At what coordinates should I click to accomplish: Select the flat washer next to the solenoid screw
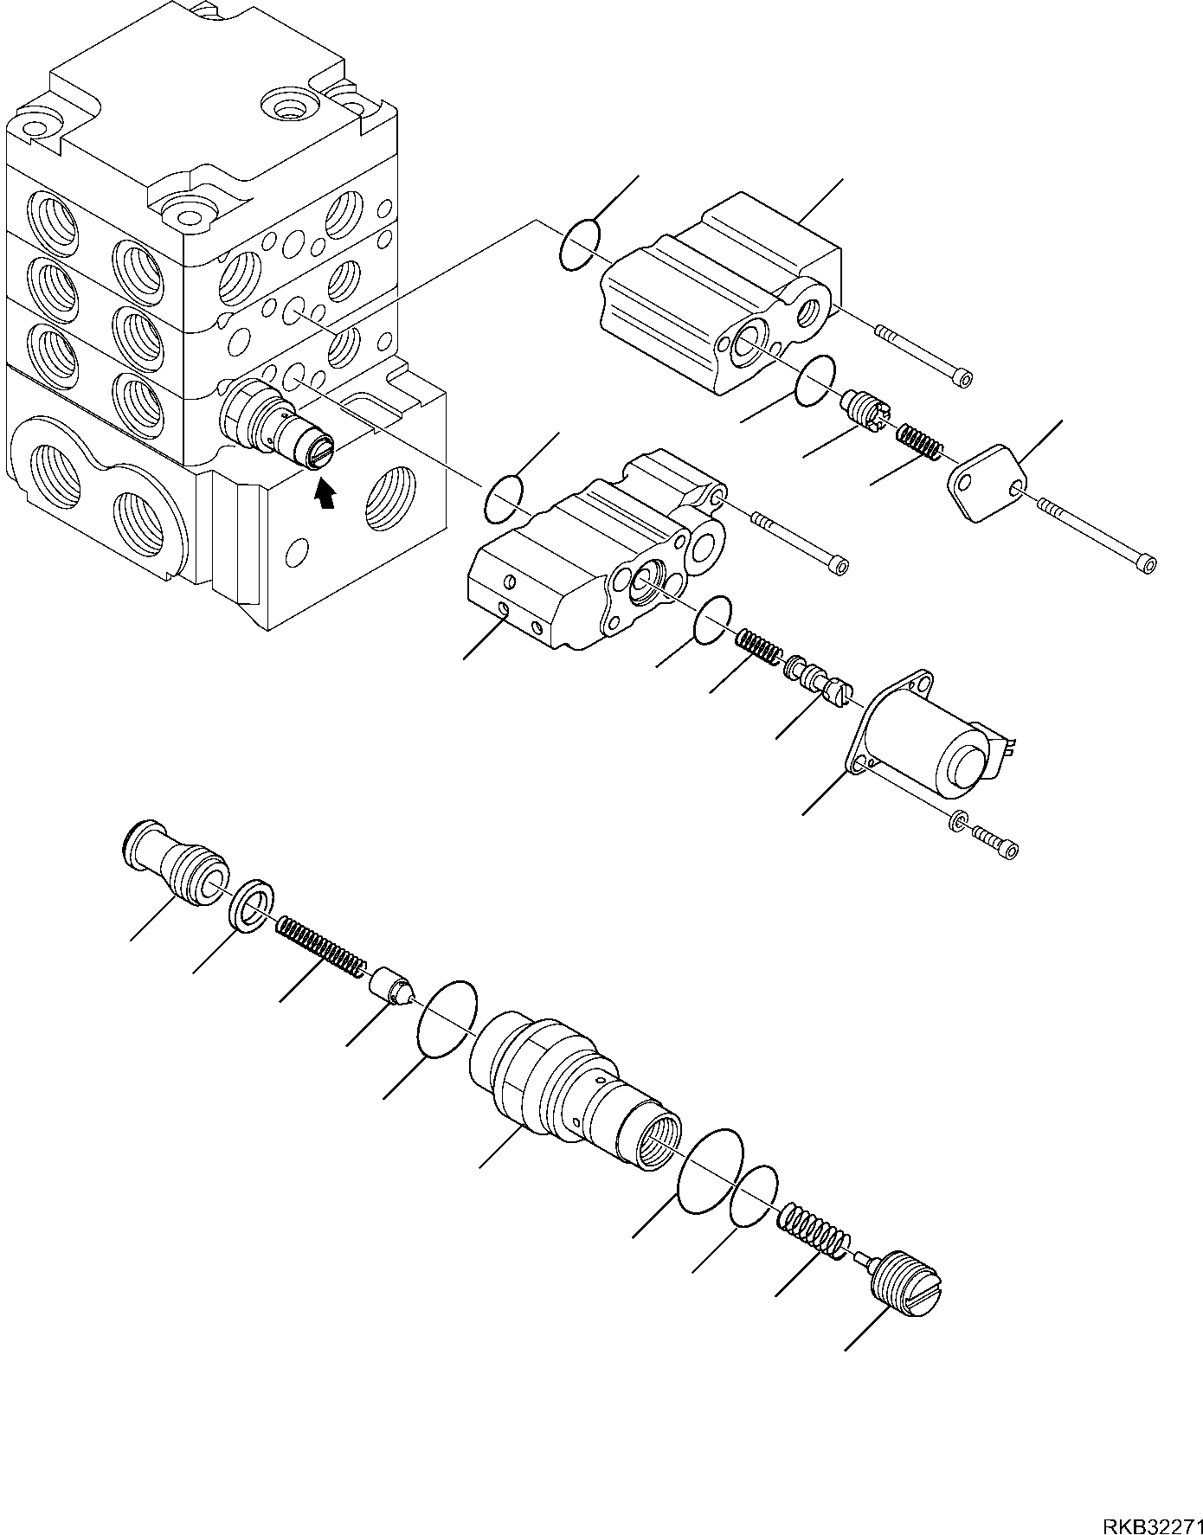957,820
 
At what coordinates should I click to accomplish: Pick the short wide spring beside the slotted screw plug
814,1230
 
